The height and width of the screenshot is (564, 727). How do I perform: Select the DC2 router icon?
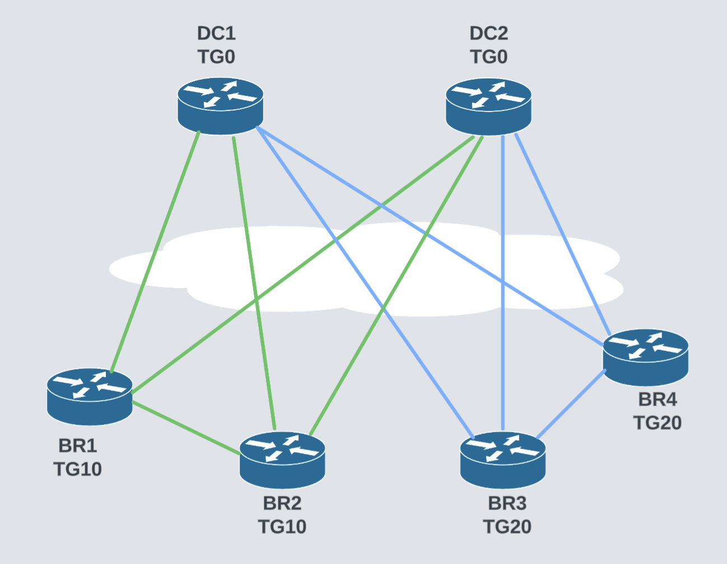[x=488, y=106]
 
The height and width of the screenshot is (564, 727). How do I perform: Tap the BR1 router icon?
[x=90, y=396]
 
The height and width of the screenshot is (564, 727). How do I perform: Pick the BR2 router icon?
[x=282, y=460]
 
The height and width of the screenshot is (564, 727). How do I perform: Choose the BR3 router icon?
[x=503, y=460]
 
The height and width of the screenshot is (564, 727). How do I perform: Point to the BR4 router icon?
[x=645, y=357]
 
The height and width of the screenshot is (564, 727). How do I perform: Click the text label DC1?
[x=216, y=33]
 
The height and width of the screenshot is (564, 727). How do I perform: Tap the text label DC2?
[x=488, y=33]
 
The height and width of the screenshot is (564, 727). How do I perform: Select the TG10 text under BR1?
[x=77, y=469]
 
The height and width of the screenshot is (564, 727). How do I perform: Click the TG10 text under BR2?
[x=282, y=526]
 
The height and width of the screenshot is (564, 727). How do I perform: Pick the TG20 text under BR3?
[x=507, y=526]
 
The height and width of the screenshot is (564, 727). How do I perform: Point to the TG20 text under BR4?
[x=657, y=422]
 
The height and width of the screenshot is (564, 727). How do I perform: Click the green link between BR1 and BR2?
[x=185, y=427]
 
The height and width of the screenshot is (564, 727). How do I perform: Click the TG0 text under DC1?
[x=216, y=57]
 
